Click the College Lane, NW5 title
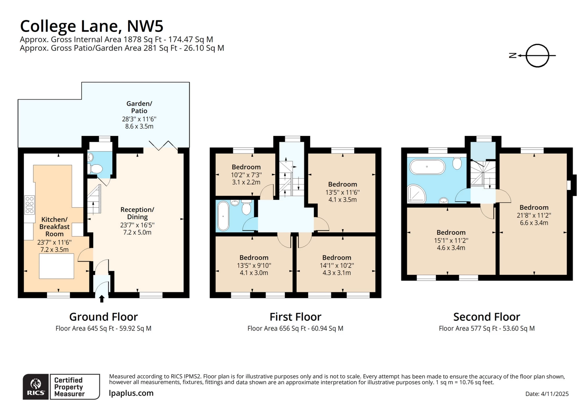tap(91, 26)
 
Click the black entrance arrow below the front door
tap(102, 299)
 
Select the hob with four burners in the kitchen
tap(30, 205)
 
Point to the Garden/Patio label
tap(139, 107)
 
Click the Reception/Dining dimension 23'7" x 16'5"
tap(137, 225)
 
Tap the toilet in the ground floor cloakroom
tap(96, 168)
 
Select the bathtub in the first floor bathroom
tap(223, 216)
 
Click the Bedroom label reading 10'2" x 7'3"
tap(246, 167)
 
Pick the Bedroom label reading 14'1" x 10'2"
tap(337, 258)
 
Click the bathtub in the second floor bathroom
tap(427, 167)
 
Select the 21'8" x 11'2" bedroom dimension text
tap(534, 215)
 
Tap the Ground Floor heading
tap(103, 317)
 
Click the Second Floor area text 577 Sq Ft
tap(486, 329)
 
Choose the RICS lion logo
tap(35, 386)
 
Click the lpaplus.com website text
tap(131, 393)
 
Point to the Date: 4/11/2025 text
tap(547, 394)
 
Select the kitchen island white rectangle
tap(57, 266)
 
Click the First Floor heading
tap(295, 317)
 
